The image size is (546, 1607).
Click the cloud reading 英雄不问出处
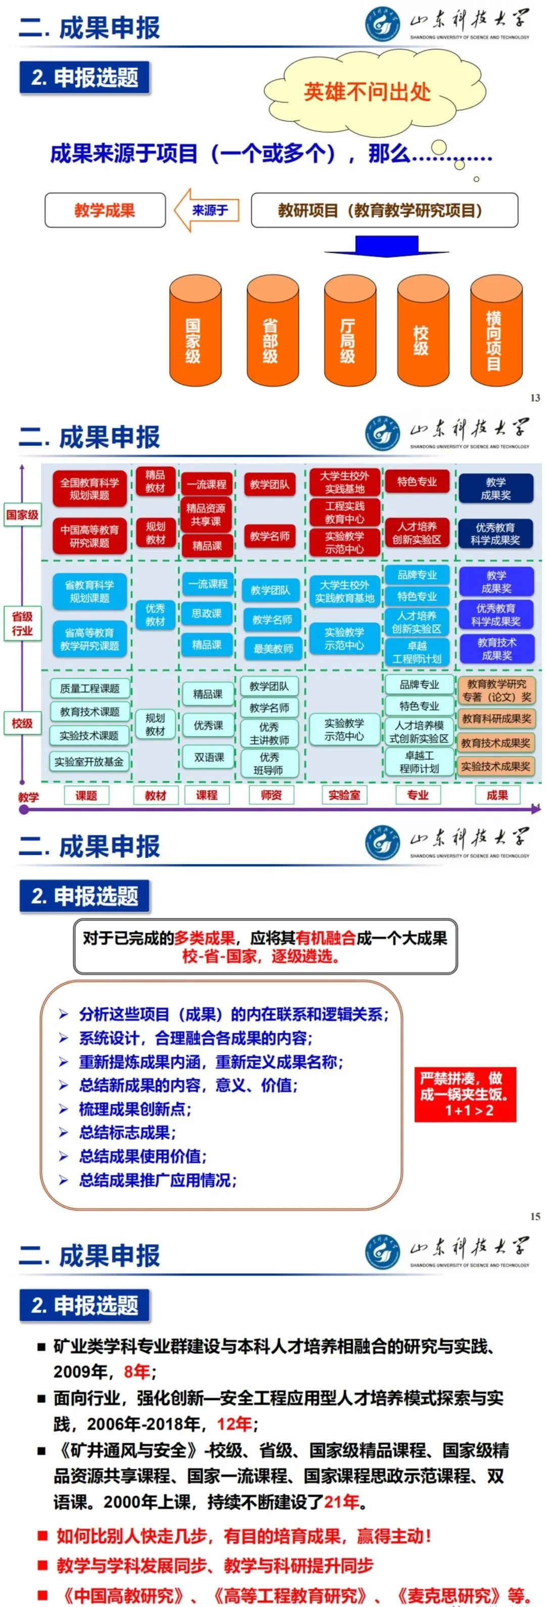[367, 92]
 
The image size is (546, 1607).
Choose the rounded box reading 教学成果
[105, 210]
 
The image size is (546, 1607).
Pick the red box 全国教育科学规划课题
[89, 489]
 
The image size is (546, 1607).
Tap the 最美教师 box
[272, 648]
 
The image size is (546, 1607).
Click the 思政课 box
[207, 612]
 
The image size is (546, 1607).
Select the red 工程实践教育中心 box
[344, 512]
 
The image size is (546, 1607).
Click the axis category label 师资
[271, 795]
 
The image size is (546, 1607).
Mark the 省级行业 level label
[22, 623]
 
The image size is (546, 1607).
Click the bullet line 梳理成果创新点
[135, 1109]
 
